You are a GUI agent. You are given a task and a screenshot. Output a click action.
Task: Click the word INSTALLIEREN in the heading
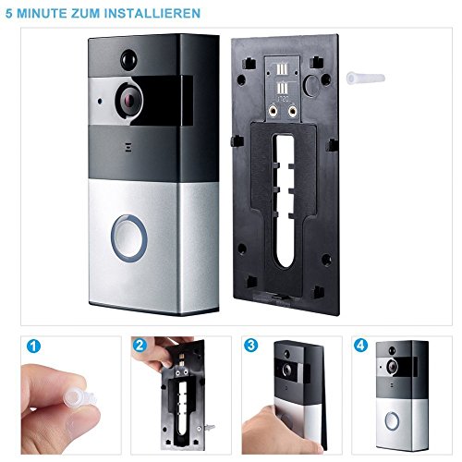152,14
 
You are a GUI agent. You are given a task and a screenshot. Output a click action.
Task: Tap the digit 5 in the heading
9,14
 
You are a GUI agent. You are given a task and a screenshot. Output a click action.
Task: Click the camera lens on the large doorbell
129,100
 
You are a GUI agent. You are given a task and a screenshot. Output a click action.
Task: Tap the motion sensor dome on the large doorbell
128,59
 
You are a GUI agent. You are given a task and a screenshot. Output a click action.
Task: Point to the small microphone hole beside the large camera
100,101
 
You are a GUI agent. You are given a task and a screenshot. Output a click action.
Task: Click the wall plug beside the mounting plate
366,78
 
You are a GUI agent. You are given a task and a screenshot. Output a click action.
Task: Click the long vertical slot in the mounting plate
286,201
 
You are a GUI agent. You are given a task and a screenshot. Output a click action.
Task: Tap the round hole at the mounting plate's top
311,84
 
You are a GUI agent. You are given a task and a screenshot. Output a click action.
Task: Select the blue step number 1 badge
33,346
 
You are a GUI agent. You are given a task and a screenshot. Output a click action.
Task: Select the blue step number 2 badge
140,346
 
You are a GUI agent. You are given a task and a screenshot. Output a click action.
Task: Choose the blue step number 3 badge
251,345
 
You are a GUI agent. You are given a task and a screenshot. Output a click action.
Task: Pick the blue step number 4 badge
360,346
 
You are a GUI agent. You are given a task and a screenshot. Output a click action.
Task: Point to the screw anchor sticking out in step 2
210,427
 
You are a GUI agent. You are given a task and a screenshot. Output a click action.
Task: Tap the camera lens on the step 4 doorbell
392,366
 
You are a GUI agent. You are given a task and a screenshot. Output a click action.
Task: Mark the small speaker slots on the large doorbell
127,147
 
